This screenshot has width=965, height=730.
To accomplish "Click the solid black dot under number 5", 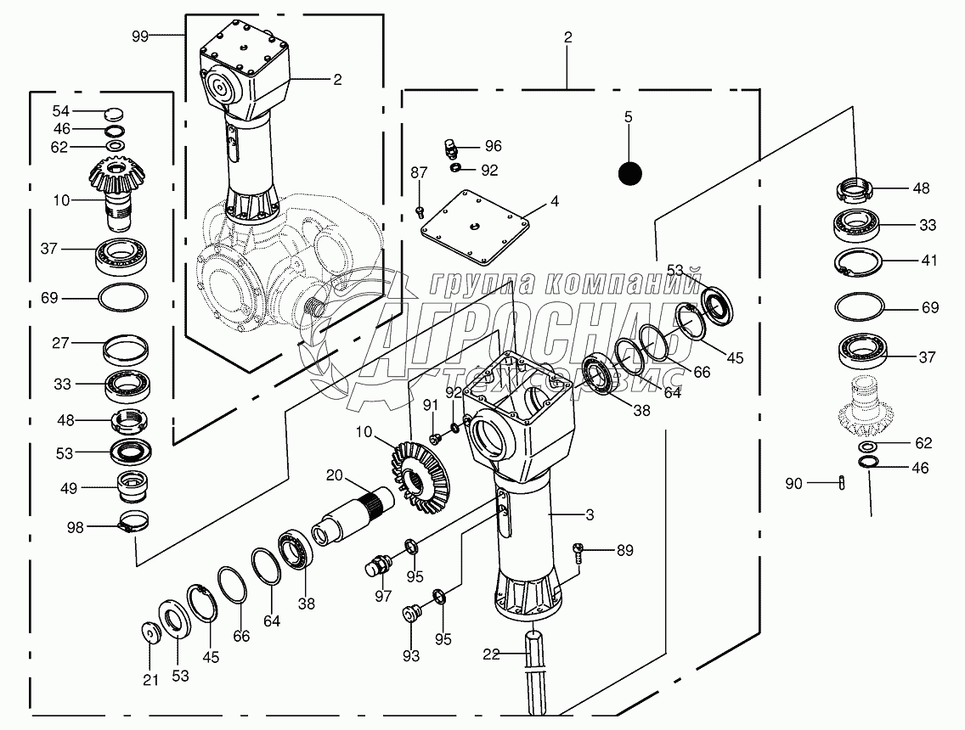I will tap(629, 173).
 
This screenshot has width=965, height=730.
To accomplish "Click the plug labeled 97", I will tap(380, 564).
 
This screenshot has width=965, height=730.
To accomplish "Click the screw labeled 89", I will tap(578, 550).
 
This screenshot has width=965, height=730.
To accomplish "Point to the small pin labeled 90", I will tap(841, 483).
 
